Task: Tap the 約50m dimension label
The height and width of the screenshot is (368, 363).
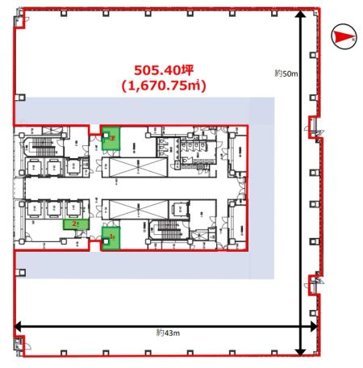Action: tap(286, 73)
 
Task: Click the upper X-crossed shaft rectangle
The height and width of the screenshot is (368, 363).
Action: tap(133, 169)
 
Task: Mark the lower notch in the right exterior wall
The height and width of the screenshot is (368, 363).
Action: tap(312, 283)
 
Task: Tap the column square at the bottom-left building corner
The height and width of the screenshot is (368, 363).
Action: tap(18, 349)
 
